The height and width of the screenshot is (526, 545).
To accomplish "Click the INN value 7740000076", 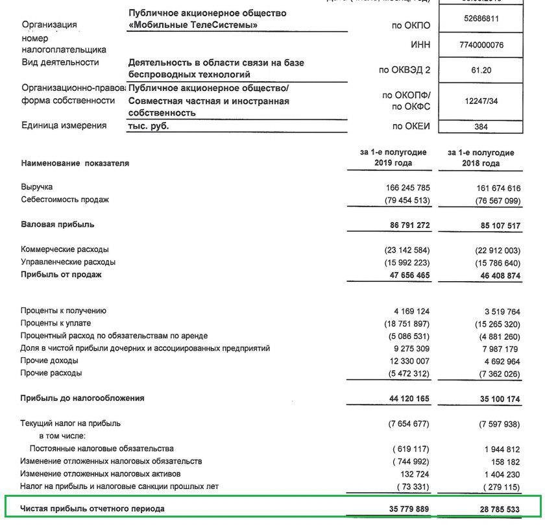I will [x=481, y=45].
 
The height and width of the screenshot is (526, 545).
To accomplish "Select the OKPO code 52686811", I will [x=481, y=19].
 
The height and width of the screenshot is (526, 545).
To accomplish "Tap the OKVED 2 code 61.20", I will [x=481, y=70].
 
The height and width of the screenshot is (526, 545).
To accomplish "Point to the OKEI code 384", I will [x=481, y=127].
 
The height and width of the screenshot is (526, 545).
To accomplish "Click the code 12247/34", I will [x=481, y=101].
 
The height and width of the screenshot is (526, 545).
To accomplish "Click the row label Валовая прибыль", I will [x=57, y=225].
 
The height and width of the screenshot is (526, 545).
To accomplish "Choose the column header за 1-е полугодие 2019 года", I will [x=393, y=158].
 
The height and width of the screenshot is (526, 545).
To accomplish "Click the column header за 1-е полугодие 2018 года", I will [x=481, y=158].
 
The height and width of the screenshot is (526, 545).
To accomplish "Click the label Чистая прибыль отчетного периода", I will [x=92, y=508].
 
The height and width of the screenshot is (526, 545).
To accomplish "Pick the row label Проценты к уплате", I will [x=56, y=323].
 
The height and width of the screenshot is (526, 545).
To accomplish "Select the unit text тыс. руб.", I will [x=149, y=126].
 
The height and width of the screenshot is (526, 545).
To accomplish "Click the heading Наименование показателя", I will [x=75, y=163].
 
